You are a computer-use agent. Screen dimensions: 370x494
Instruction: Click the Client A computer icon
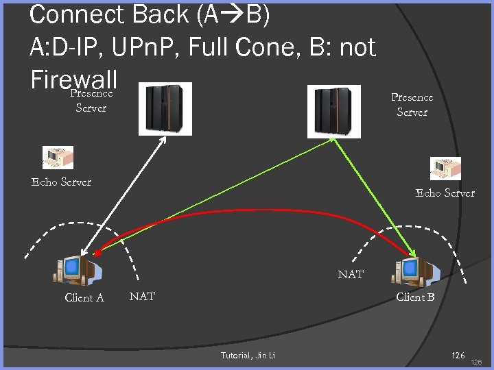coord(78,271)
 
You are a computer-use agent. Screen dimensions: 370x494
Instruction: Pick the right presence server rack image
coord(333,110)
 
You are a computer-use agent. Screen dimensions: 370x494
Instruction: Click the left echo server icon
coord(58,158)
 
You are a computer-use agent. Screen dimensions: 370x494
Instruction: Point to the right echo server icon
coord(445,169)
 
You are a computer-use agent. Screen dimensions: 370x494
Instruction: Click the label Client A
coord(84,297)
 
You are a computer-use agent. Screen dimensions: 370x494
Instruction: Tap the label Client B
coord(415,297)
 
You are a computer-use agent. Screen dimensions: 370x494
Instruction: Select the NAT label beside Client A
coord(142,296)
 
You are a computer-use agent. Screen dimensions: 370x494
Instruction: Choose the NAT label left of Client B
coord(351,274)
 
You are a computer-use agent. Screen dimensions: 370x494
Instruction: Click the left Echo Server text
coord(61,182)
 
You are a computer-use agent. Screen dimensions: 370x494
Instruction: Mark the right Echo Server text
coord(445,193)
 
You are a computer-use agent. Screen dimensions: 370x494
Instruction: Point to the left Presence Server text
coord(91,100)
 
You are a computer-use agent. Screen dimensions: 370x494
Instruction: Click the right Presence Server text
coord(412,105)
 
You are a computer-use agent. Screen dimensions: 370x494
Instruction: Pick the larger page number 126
coord(458,355)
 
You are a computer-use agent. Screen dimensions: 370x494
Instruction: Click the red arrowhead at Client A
coord(98,253)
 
